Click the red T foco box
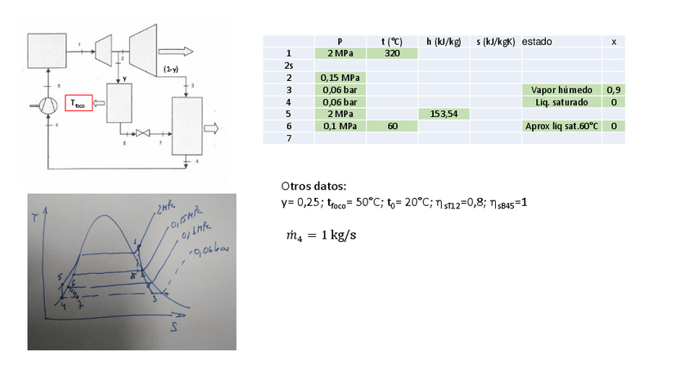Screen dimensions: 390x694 coord(78,103)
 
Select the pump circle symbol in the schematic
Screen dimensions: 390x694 coord(47,105)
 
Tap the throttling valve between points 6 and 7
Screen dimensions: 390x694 coord(146,133)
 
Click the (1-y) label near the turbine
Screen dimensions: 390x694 coord(172,69)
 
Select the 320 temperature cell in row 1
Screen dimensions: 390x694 coord(392,53)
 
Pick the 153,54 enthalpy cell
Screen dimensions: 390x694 coord(443,114)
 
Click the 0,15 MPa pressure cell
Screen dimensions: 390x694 coord(340,78)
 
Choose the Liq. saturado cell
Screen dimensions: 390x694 coord(561,102)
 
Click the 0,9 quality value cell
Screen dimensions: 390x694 coord(613,90)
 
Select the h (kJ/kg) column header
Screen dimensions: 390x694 coord(443,41)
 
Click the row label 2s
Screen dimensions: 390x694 coord(289,65)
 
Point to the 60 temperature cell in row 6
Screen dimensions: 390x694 coord(392,127)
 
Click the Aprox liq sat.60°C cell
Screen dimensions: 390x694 coord(561,127)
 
